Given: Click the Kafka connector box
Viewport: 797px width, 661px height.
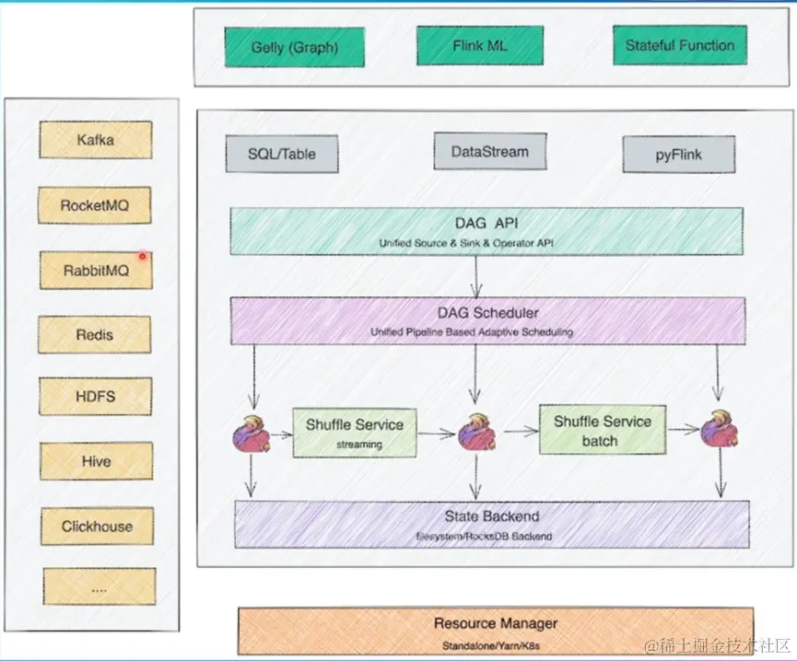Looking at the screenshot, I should click(95, 141).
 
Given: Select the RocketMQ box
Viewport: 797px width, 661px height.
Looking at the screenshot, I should click(95, 205).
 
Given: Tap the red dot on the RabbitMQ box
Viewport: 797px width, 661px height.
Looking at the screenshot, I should click(143, 256).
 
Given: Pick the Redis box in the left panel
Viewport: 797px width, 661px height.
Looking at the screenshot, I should click(95, 335).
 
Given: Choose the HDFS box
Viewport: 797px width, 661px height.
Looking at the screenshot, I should click(95, 397).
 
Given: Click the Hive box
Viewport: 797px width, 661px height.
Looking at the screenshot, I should click(96, 461).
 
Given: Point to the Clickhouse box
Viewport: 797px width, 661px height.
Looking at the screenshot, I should click(97, 527).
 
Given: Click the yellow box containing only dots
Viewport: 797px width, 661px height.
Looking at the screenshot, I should click(99, 586).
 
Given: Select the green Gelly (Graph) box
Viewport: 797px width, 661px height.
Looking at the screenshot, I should click(294, 47).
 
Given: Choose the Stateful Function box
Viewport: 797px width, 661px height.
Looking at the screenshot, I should click(679, 45).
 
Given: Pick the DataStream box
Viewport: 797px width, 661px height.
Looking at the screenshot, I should click(490, 152).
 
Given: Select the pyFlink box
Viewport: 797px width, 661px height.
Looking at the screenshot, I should click(679, 155).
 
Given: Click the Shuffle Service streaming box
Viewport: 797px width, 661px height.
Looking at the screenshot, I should click(354, 433).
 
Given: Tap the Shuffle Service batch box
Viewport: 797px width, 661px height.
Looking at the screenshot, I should click(602, 431).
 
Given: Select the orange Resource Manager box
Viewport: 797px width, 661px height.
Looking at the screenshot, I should click(496, 631).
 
